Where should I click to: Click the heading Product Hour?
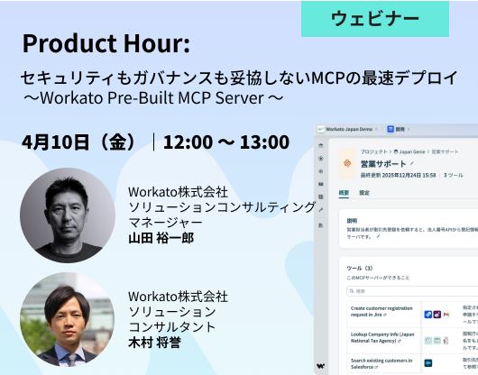click(x=106, y=43)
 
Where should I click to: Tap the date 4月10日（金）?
click(x=80, y=142)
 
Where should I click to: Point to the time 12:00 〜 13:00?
click(x=226, y=142)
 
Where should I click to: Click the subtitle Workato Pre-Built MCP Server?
click(x=153, y=96)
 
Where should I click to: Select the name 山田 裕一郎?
click(x=161, y=238)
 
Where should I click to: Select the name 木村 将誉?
click(x=154, y=343)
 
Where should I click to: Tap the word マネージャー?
click(x=165, y=223)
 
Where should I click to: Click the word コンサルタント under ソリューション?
click(x=172, y=326)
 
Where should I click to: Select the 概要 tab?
click(x=344, y=192)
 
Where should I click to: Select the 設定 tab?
click(x=364, y=192)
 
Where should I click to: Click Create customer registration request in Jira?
click(x=381, y=312)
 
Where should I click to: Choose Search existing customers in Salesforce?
click(x=381, y=363)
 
